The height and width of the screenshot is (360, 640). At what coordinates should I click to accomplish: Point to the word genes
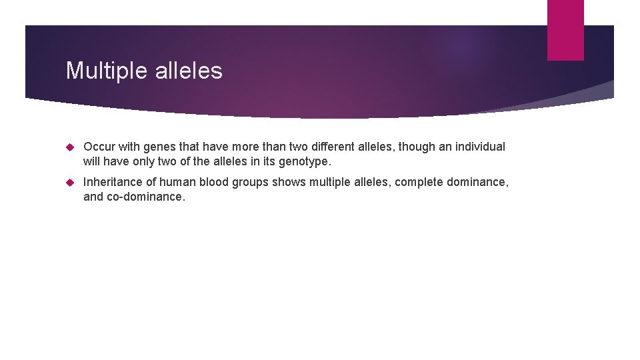click(x=158, y=147)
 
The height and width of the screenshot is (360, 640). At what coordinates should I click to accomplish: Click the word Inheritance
click(x=113, y=182)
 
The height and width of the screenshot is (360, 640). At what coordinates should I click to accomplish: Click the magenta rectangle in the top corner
click(x=565, y=29)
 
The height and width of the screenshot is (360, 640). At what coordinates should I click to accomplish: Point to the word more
click(x=233, y=147)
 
